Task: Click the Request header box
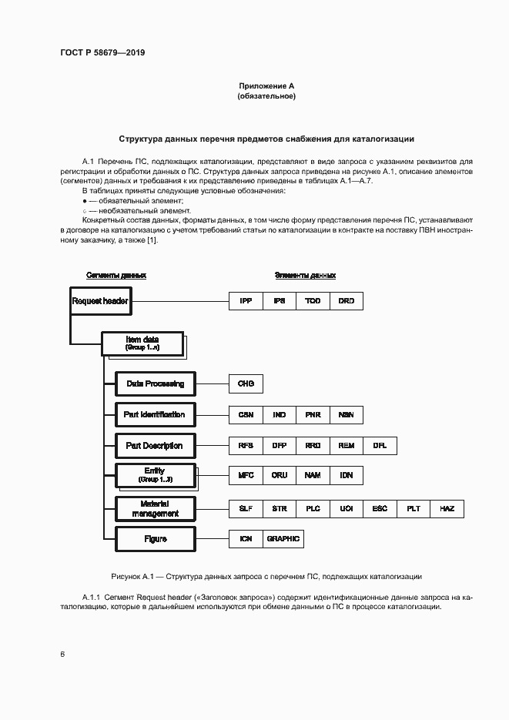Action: [100, 301]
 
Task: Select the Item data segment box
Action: [142, 343]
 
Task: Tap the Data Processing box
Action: [155, 383]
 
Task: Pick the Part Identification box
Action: [155, 414]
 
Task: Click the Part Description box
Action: [155, 445]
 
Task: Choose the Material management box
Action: [155, 509]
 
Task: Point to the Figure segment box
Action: [155, 539]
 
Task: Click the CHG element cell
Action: [246, 383]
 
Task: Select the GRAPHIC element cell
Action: [283, 539]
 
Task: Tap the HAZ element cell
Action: [447, 509]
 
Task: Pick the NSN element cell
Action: [346, 414]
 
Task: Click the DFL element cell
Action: [380, 445]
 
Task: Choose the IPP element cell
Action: [246, 301]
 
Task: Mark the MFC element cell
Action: [246, 475]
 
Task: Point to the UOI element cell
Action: [346, 509]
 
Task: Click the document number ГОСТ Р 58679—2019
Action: [102, 53]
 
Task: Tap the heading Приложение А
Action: [266, 86]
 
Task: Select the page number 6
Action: [62, 654]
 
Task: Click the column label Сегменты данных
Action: [116, 275]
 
